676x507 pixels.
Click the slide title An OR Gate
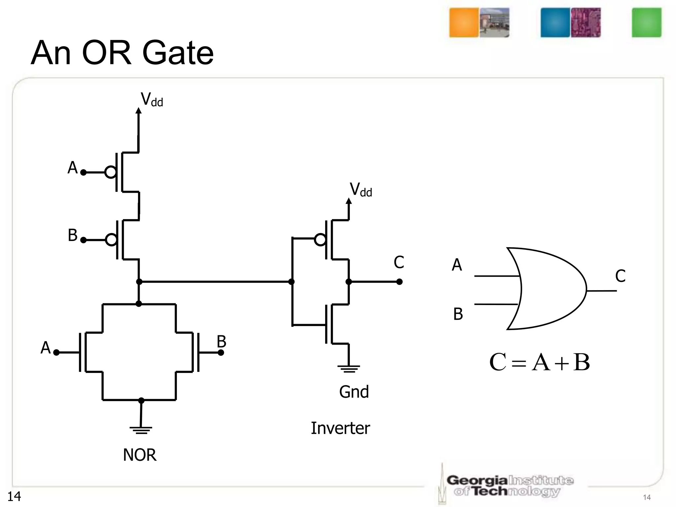pyautogui.click(x=122, y=53)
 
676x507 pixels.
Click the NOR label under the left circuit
pyautogui.click(x=139, y=455)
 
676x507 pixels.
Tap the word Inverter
pyautogui.click(x=340, y=428)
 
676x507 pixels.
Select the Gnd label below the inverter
pyautogui.click(x=354, y=392)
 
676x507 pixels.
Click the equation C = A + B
pyautogui.click(x=539, y=362)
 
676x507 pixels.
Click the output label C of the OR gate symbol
pyautogui.click(x=620, y=276)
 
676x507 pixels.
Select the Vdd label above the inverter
pyautogui.click(x=361, y=190)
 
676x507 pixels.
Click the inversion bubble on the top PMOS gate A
pyautogui.click(x=111, y=172)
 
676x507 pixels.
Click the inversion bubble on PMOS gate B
pyautogui.click(x=111, y=240)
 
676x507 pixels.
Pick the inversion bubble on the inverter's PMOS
pyautogui.click(x=320, y=240)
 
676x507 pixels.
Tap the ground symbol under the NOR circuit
pyautogui.click(x=141, y=430)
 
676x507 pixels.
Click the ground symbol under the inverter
pyautogui.click(x=349, y=368)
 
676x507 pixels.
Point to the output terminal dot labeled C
pyautogui.click(x=399, y=282)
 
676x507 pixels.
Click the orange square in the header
pyautogui.click(x=464, y=23)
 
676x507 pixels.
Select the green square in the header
pyautogui.click(x=646, y=23)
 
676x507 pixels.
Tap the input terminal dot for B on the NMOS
pyautogui.click(x=221, y=353)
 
